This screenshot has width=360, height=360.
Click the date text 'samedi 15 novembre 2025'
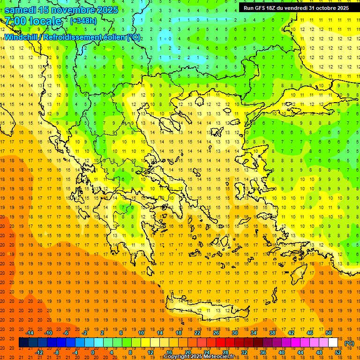tap(61, 10)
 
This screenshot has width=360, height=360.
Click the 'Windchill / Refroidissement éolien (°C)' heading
tap(73, 37)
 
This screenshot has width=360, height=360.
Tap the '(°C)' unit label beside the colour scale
tap(349, 343)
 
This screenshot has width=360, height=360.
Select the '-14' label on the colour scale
tap(30, 333)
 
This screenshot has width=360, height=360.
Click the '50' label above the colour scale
tap(328, 333)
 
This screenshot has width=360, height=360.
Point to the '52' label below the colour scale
tap(338, 352)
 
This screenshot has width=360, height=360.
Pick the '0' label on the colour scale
tap(93, 352)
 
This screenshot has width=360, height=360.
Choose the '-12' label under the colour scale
tap(39, 352)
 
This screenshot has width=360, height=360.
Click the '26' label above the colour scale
tap(216, 333)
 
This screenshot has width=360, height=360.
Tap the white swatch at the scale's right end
tap(333, 343)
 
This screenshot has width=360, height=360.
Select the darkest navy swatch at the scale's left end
tap(23, 343)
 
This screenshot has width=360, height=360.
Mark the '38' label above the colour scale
tap(272, 333)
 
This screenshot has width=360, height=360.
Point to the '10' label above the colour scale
tap(141, 333)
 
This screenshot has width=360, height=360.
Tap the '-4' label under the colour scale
tap(75, 352)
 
